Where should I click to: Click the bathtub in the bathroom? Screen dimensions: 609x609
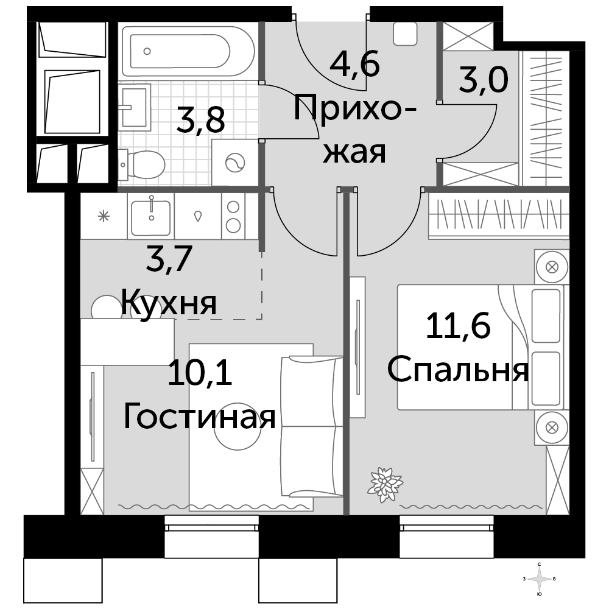[x=188, y=51]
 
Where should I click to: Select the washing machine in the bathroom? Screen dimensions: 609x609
[x=235, y=163]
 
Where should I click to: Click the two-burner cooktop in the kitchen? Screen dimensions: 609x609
[x=233, y=216]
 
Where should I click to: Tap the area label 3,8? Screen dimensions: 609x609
[x=200, y=121]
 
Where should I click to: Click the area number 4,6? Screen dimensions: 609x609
[x=354, y=65]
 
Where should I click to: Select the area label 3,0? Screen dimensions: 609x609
[x=484, y=80]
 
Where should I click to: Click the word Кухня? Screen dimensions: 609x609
[x=169, y=302]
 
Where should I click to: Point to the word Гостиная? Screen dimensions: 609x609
[x=200, y=416]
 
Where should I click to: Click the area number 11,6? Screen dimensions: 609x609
[x=459, y=325]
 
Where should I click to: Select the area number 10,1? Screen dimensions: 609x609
[x=200, y=373]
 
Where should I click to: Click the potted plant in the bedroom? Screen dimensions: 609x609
[x=385, y=484]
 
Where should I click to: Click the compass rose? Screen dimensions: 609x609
[x=539, y=579]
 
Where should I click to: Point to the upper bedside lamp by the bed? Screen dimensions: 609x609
[x=552, y=267]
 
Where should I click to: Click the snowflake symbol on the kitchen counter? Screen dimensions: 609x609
[x=104, y=216]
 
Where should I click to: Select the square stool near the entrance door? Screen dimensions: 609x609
[x=405, y=33]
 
